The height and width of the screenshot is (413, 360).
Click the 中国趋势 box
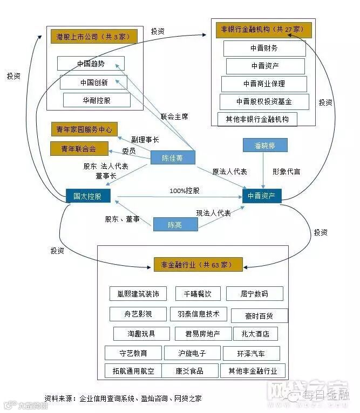tap(91, 64)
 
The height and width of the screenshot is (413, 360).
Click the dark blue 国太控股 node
tap(87, 196)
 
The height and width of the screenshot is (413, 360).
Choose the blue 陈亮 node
tap(174, 224)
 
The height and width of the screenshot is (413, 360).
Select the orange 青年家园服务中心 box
tap(84, 129)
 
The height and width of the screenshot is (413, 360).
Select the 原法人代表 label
tap(230, 171)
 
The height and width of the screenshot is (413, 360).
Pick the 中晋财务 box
tap(264, 48)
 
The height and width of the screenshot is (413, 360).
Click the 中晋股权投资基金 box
tap(264, 101)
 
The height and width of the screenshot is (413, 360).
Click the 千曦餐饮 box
tap(194, 294)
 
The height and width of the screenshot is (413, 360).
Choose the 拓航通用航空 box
tap(133, 371)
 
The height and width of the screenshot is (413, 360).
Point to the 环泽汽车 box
tap(251, 354)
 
